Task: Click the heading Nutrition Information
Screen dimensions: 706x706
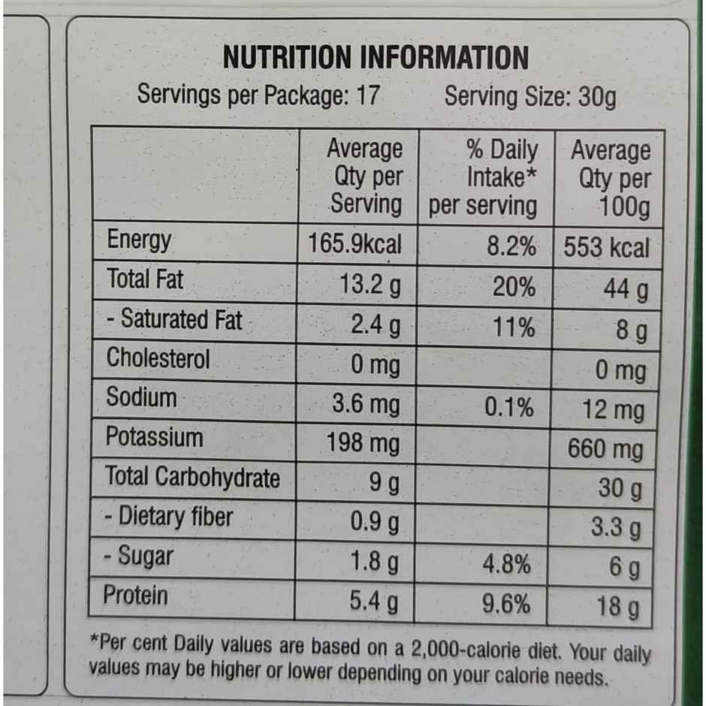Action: point(376,58)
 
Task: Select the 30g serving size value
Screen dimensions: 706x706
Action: point(597,97)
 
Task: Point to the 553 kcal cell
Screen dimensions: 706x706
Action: point(606,248)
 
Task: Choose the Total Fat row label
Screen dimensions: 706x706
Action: point(145,279)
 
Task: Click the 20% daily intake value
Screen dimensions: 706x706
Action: point(514,287)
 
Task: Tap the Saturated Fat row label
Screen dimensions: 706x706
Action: point(174,319)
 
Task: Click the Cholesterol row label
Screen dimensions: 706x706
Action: point(158,358)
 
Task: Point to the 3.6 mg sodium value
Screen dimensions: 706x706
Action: point(366,405)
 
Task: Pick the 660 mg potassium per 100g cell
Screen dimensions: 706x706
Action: point(605,449)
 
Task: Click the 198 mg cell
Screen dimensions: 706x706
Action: point(364,444)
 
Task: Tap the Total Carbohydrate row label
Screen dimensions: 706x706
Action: point(192,477)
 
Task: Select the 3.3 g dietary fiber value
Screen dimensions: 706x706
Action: point(616,527)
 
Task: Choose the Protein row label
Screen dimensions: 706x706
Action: point(136,596)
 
